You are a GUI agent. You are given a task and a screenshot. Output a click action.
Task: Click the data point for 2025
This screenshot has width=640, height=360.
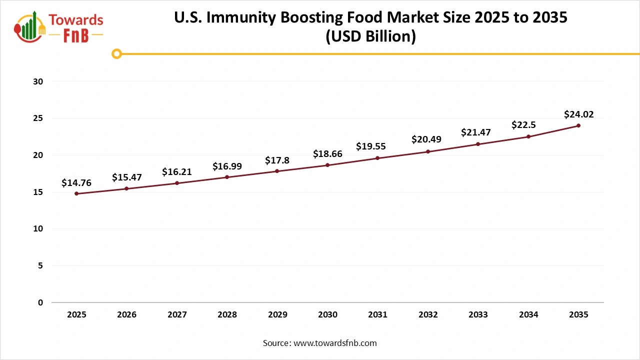[x=76, y=193]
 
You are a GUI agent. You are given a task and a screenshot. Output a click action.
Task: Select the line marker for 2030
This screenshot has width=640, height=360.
[x=327, y=165]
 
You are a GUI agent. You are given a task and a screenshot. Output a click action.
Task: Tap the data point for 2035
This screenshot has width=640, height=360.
[x=578, y=125]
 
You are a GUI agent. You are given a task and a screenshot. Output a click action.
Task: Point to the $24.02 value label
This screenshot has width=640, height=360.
[x=578, y=114]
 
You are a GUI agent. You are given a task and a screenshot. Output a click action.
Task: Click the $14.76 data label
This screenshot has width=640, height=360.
[x=76, y=183]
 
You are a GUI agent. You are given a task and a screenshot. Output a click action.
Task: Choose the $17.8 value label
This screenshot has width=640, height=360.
[x=277, y=161]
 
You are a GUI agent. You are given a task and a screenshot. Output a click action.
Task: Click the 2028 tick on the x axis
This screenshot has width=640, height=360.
[x=227, y=315]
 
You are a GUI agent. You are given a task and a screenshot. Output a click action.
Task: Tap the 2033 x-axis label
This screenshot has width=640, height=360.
[x=478, y=315]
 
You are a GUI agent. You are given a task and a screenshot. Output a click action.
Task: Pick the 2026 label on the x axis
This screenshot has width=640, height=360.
[x=126, y=315]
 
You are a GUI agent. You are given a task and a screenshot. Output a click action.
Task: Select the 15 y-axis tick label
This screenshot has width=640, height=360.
[x=39, y=192]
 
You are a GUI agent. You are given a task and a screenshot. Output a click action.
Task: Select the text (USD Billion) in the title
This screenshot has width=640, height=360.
[x=370, y=37]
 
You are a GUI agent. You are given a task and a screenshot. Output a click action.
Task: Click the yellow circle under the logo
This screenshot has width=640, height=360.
[x=116, y=54]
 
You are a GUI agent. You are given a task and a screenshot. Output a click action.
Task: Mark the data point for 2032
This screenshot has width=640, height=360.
[x=428, y=151]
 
